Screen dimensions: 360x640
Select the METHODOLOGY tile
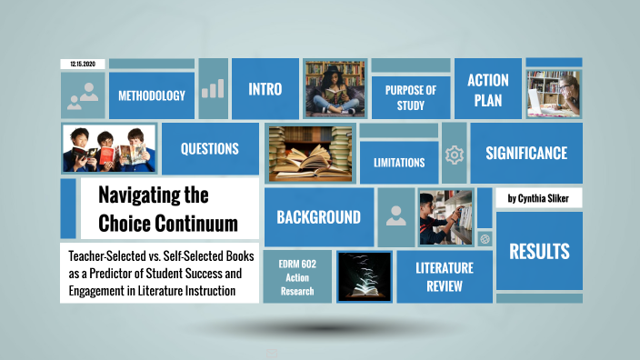pyautogui.click(x=152, y=95)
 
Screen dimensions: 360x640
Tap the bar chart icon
pyautogui.click(x=213, y=88)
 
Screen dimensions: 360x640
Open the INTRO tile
pyautogui.click(x=265, y=89)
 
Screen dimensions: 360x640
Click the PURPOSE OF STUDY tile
pyautogui.click(x=411, y=97)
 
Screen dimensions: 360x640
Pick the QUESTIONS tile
pyautogui.click(x=209, y=148)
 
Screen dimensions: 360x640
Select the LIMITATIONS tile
pyautogui.click(x=399, y=163)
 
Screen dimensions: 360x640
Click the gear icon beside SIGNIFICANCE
pyautogui.click(x=455, y=155)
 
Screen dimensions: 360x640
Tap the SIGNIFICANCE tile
pyautogui.click(x=525, y=153)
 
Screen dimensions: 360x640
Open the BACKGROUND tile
pyautogui.click(x=318, y=217)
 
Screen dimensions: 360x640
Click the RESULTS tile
pyautogui.click(x=539, y=251)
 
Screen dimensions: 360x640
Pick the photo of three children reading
pyautogui.click(x=108, y=148)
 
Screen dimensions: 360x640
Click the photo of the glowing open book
pyautogui.click(x=364, y=276)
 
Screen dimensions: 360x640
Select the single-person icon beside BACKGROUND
pyautogui.click(x=395, y=216)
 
